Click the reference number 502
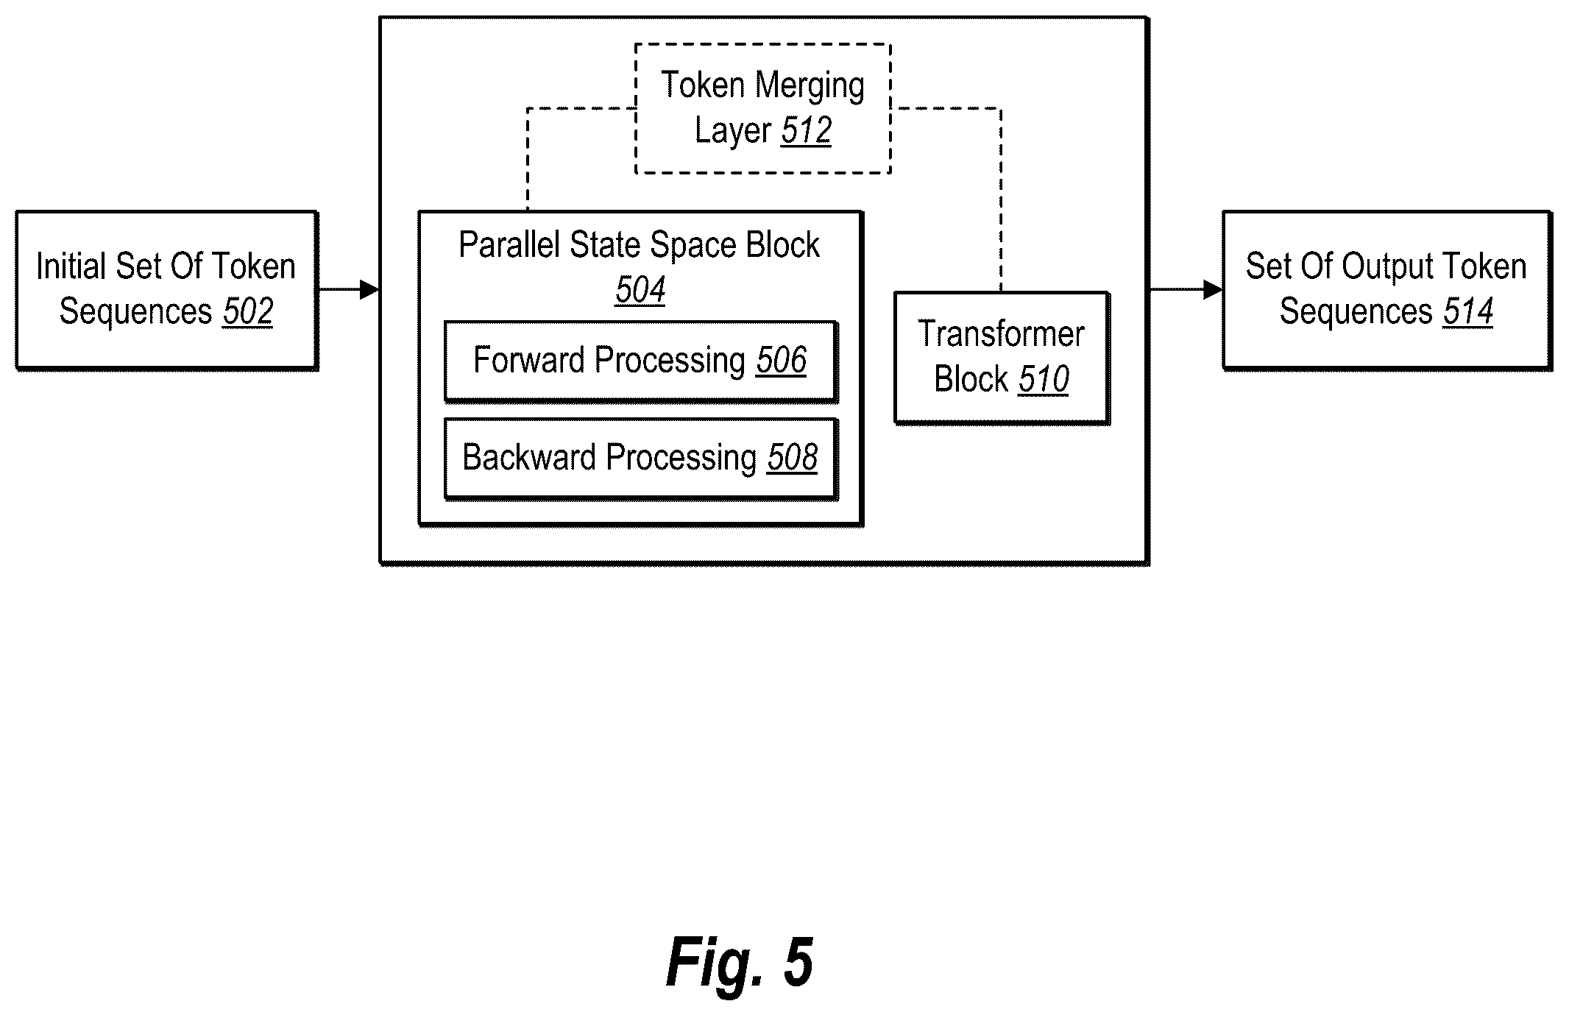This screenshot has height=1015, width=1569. tap(248, 311)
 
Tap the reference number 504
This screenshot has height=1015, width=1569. tap(640, 290)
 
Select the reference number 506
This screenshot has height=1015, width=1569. tap(781, 361)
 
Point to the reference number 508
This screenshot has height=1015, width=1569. tap(793, 458)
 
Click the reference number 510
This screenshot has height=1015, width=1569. tap(1044, 380)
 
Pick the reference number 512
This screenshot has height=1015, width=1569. tap(807, 131)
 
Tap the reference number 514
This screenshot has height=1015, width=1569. tap(1467, 311)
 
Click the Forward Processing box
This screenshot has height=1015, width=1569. tap(641, 361)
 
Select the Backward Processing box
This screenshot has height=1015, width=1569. tap(641, 459)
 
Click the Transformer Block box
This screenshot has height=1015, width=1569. tap(1002, 358)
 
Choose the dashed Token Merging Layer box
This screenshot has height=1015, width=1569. tap(763, 108)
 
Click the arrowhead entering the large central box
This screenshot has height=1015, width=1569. tap(369, 290)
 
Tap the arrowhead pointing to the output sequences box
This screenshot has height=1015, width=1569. tap(1213, 290)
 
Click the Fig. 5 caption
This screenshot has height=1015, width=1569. tap(740, 963)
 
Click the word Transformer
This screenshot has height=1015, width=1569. tap(1002, 334)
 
